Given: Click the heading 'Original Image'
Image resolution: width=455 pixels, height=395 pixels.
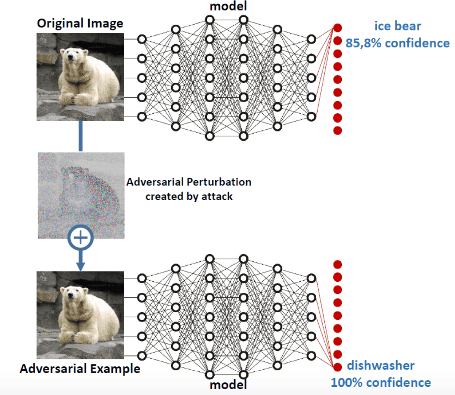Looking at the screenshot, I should pyautogui.click(x=80, y=23).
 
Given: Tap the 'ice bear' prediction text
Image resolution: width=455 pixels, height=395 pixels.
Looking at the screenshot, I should pyautogui.click(x=397, y=26).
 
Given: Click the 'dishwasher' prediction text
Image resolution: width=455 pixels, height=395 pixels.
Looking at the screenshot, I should pyautogui.click(x=381, y=365).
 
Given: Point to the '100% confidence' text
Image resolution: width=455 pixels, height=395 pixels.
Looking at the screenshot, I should pyautogui.click(x=381, y=382).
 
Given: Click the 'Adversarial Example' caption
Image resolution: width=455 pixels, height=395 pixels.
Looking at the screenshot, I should pyautogui.click(x=80, y=368).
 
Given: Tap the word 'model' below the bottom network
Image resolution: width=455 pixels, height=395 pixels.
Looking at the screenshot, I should pyautogui.click(x=228, y=384).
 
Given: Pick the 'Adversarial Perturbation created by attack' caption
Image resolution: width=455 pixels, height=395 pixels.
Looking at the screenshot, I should pyautogui.click(x=189, y=189).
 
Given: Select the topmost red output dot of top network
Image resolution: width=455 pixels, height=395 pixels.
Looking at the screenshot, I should pyautogui.click(x=338, y=28).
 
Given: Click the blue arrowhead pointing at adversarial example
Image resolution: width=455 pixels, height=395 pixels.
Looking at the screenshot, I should pyautogui.click(x=80, y=266).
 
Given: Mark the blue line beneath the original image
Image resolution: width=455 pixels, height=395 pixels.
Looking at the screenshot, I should pyautogui.click(x=80, y=136).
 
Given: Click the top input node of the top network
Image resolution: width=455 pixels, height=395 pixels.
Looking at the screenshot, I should pyautogui.click(x=142, y=39).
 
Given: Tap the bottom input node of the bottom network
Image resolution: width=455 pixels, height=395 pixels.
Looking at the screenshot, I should pyautogui.click(x=142, y=355).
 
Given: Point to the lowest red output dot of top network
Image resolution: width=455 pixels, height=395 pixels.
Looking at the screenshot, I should pyautogui.click(x=338, y=130).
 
